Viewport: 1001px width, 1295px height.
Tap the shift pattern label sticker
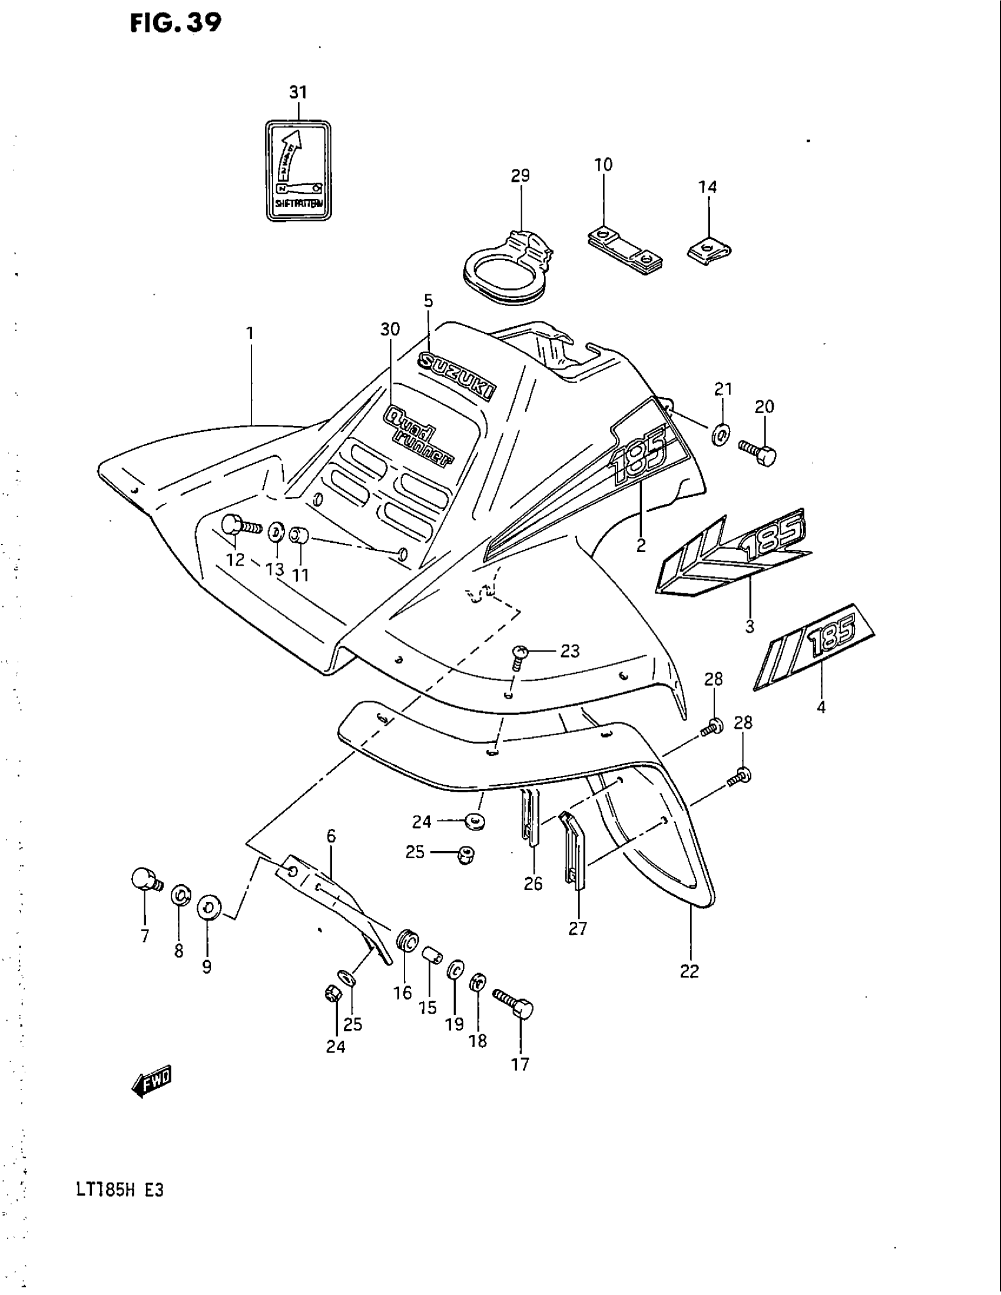click(x=298, y=171)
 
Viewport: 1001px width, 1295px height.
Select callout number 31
click(x=299, y=92)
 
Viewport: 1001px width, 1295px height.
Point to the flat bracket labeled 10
click(x=624, y=251)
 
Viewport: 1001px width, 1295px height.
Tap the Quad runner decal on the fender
click(x=419, y=435)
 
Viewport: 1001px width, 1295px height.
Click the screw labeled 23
click(x=519, y=655)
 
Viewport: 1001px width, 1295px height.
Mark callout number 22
click(x=690, y=971)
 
